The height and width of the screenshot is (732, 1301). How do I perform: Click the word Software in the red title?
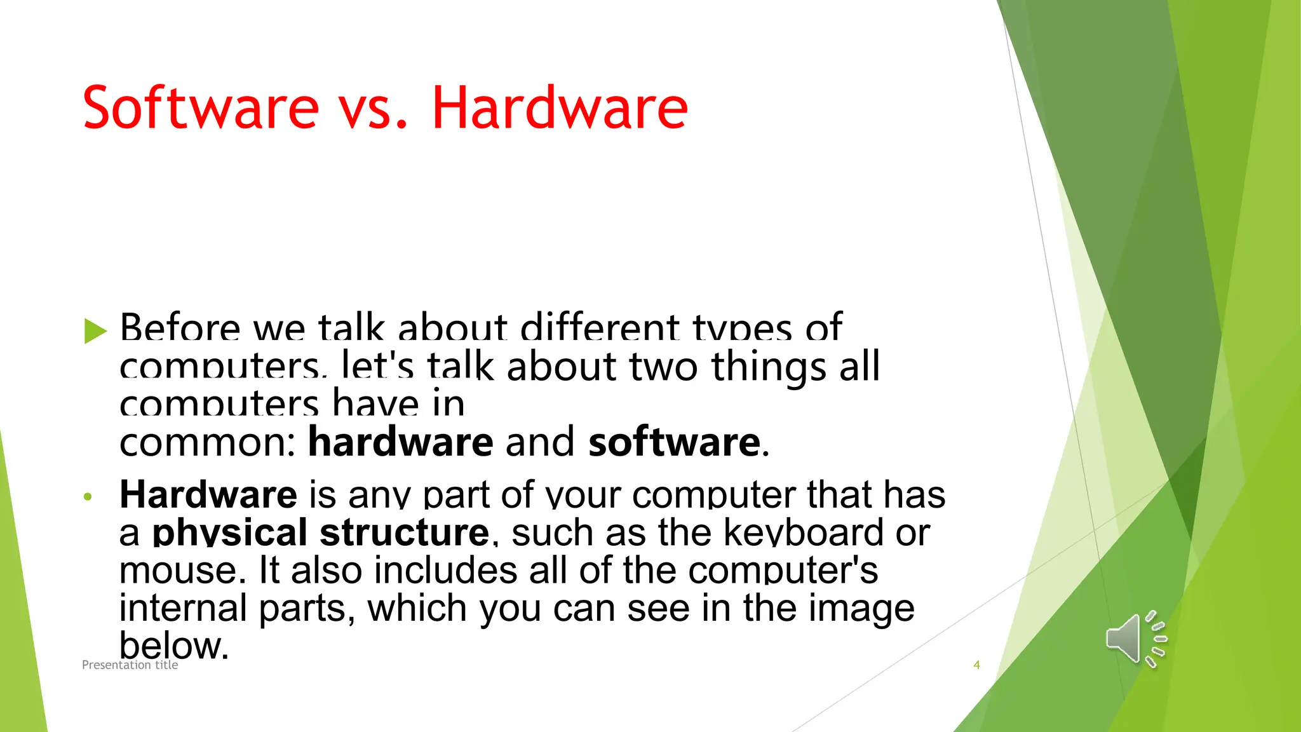coord(200,108)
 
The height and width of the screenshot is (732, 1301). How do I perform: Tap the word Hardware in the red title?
coord(560,108)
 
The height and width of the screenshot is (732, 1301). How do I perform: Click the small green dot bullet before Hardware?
coord(88,497)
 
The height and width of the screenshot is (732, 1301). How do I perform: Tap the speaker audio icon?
coord(1136,639)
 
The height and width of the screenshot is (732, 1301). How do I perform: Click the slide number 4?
coord(976,665)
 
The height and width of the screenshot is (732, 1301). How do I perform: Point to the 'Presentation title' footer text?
coord(130,665)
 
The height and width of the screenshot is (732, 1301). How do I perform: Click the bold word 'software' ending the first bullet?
coord(674,442)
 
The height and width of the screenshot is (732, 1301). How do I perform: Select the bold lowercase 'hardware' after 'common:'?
coord(400,442)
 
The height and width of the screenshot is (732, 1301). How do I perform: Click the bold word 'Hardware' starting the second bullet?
coord(208,495)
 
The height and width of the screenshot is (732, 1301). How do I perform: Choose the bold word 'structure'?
coord(404,533)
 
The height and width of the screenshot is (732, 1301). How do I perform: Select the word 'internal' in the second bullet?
coord(183,608)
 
